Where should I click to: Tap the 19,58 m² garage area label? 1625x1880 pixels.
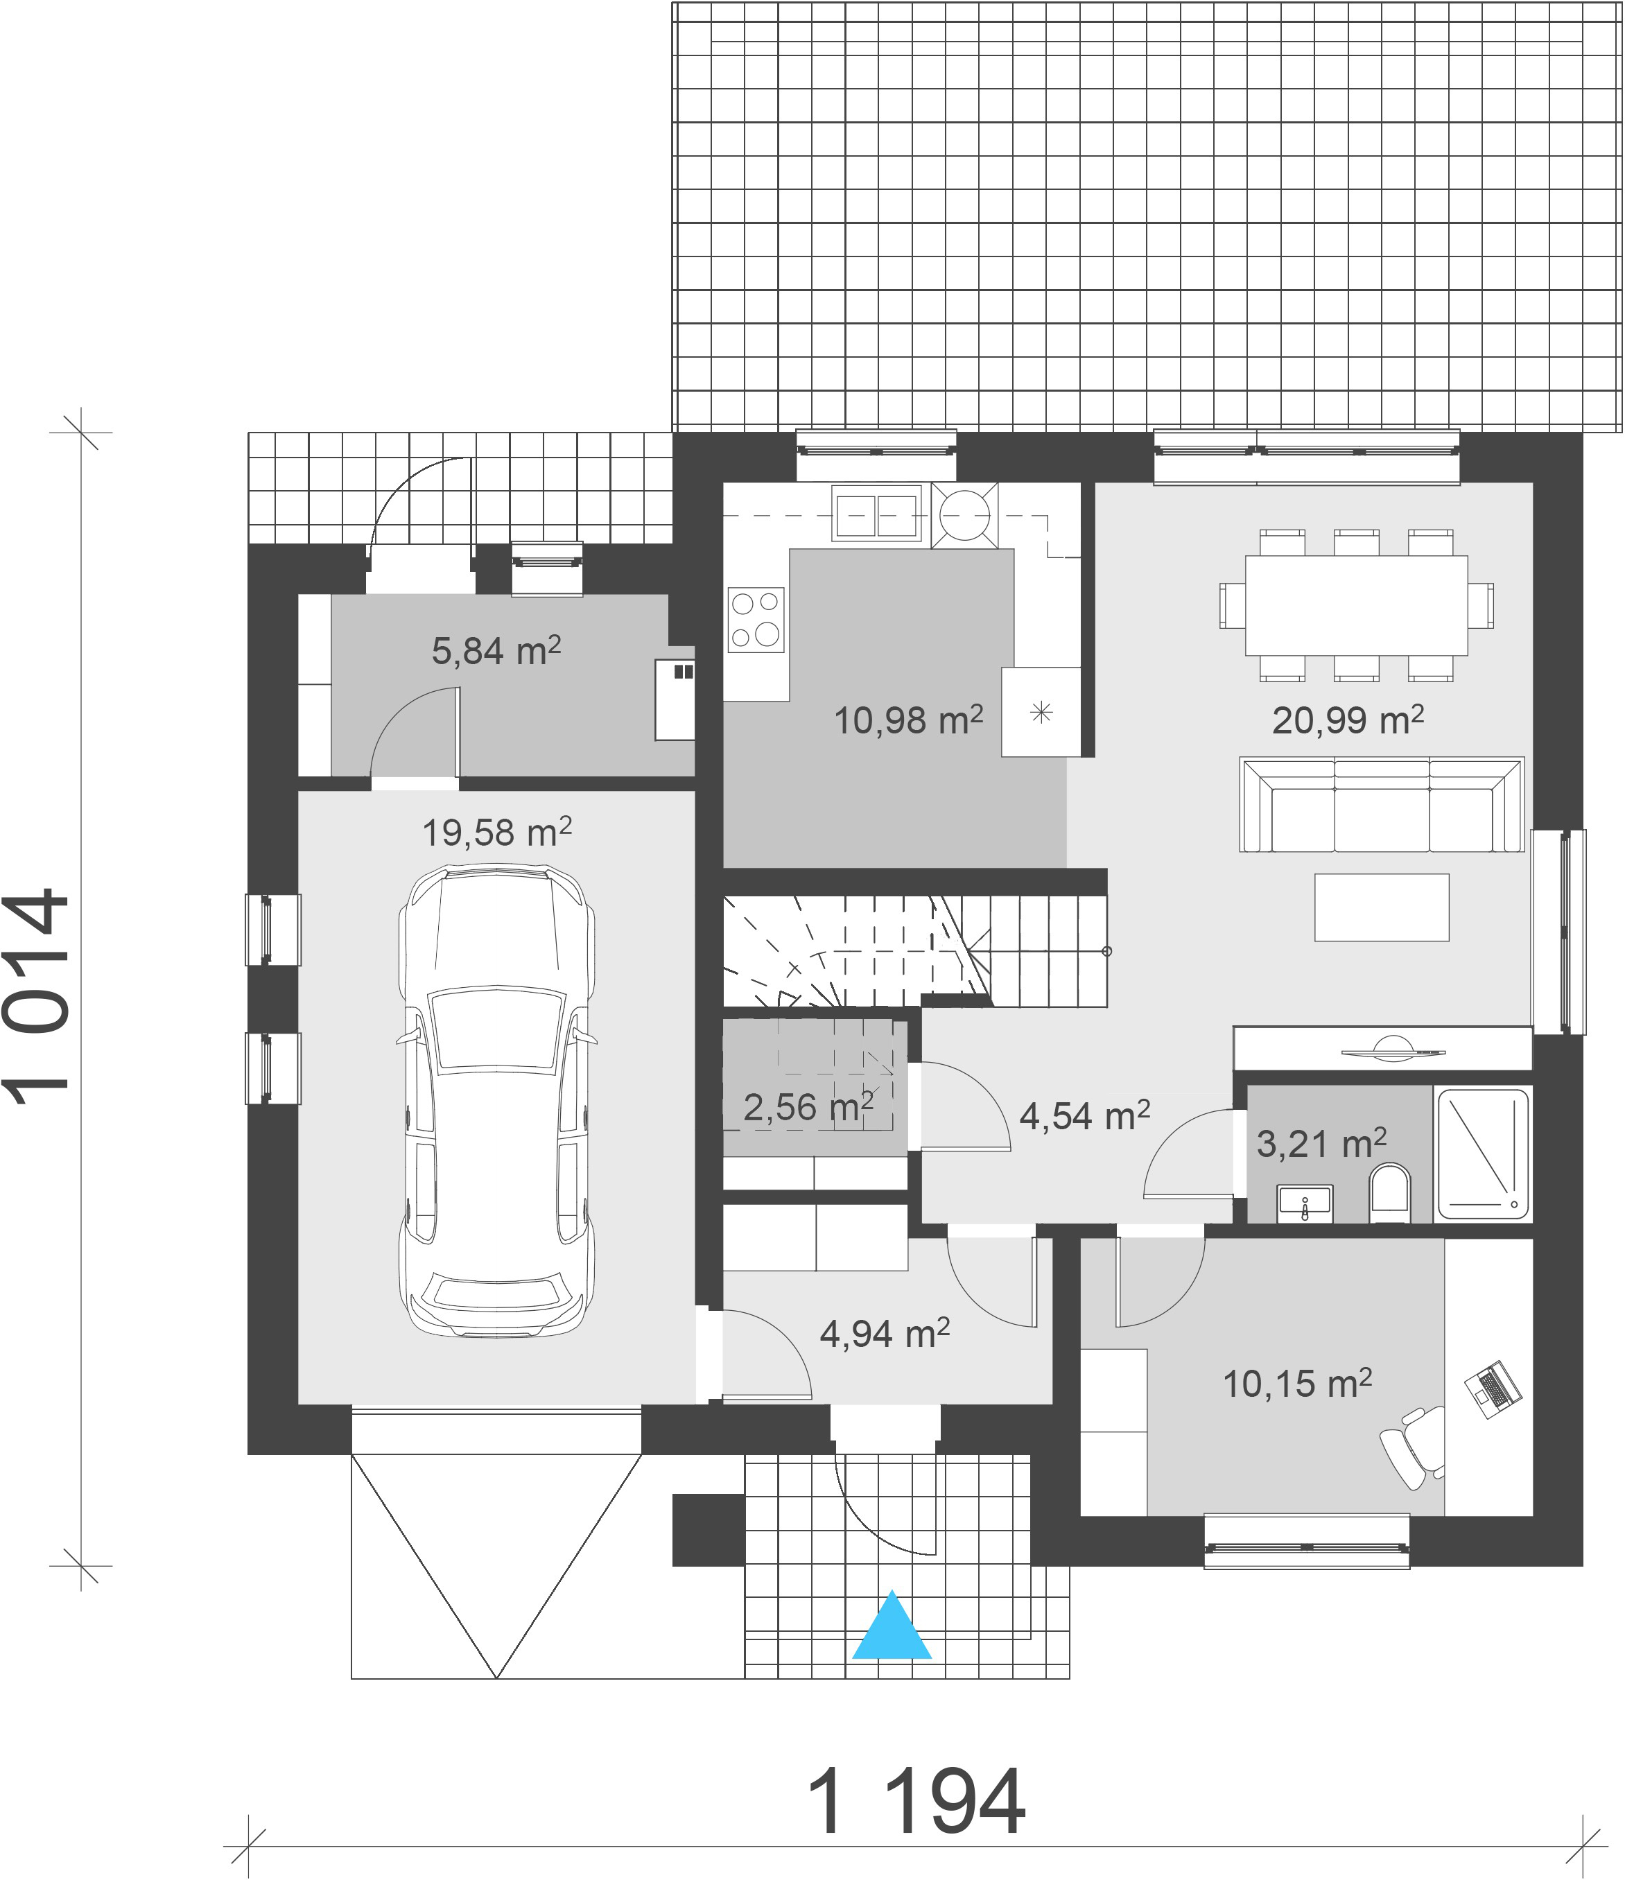496,831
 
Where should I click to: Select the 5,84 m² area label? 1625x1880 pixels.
496,650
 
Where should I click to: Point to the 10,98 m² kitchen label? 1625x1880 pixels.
908,720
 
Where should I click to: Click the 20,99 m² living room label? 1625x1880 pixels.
1348,720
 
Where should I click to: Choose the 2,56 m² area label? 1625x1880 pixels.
808,1106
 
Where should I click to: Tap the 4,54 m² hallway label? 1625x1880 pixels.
1084,1115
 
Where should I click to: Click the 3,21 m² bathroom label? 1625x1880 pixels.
1321,1143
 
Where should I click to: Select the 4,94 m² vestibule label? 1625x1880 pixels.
885,1333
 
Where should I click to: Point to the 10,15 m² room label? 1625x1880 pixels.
1296,1383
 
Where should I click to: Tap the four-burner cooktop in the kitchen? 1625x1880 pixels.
756,620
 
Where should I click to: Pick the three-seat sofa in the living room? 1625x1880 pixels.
1381,805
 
